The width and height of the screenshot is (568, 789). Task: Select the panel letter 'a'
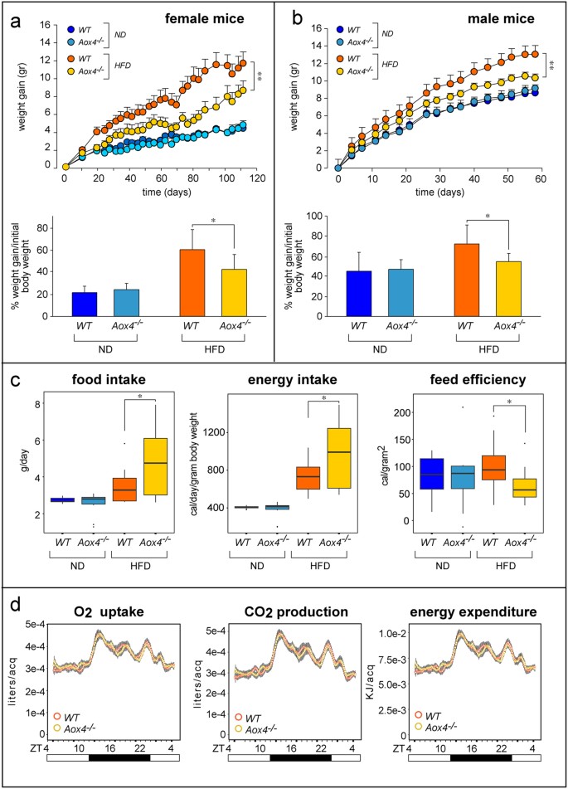[x=14, y=17]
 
